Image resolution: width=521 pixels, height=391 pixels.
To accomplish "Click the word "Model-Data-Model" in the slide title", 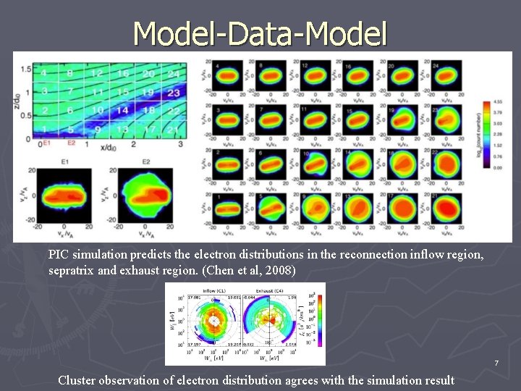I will pos(260,32).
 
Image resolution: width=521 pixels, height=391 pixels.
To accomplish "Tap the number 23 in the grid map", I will pos(174,93).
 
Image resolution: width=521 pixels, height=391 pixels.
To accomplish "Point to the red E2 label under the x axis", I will pos(71,144).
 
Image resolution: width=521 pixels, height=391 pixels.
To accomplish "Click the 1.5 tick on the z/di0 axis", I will pos(25,69).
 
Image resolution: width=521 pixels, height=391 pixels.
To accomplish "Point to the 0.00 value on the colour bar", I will pos(499,167).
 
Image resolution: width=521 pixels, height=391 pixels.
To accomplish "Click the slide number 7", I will pos(496,362).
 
